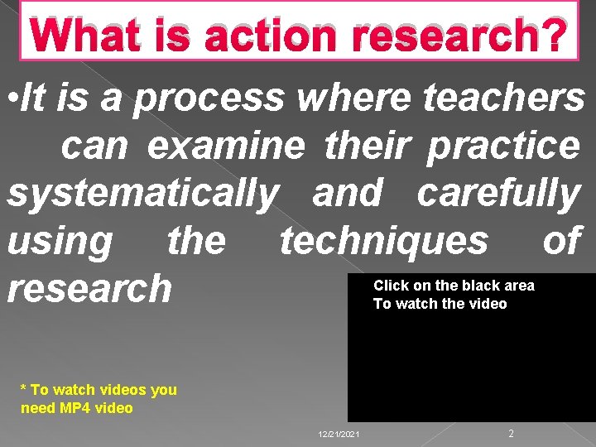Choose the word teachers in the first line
pos(504,99)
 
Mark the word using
pos(59,241)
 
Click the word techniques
pos(383,241)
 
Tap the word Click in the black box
pos(391,286)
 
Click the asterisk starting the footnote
pos(25,389)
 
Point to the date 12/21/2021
pos(339,435)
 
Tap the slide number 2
pos(512,434)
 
